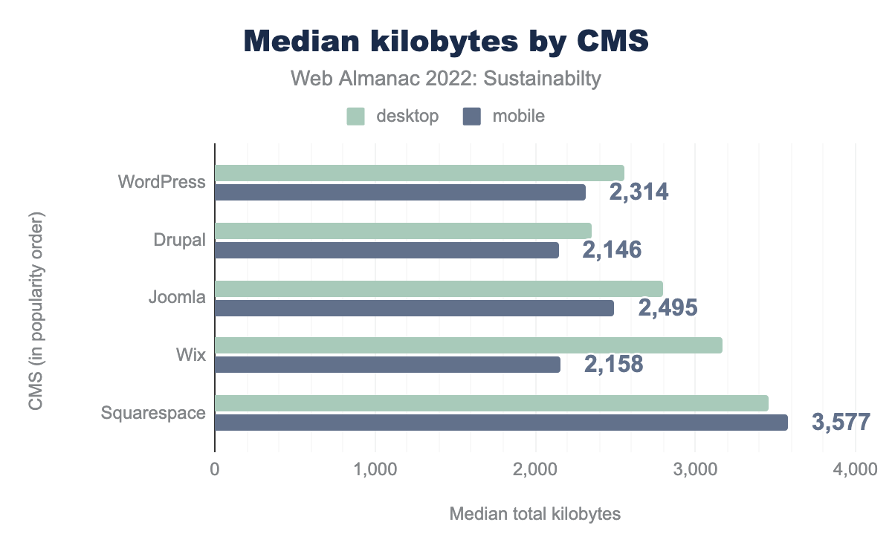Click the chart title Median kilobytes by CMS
pos(446,42)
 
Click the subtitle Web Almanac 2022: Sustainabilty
pos(446,79)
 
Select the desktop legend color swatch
pos(355,116)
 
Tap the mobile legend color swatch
pos(472,116)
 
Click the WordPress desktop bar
pos(419,173)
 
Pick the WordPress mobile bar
pos(400,192)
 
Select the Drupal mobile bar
pos(387,251)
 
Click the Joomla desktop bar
pos(439,289)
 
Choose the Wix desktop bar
pos(468,345)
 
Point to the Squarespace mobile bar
pos(501,423)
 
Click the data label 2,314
pos(639,192)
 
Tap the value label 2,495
pos(668,307)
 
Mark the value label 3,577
pos(841,423)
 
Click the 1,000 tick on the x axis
pos(375,469)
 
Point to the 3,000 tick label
pos(695,469)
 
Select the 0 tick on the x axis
pos(215,469)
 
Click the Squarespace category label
pos(153,412)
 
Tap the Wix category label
pos(191,355)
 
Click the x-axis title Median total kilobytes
pos(534,514)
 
